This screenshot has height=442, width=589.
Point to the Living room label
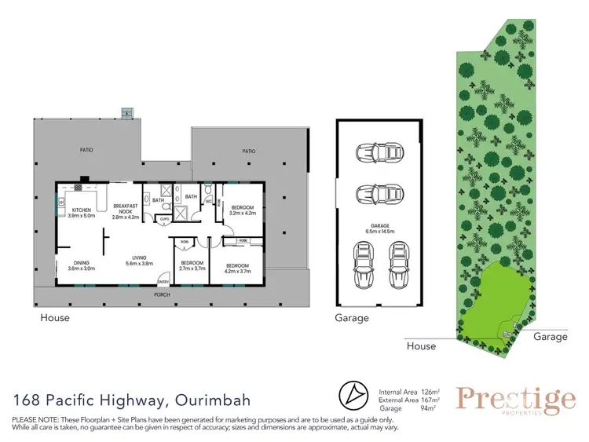pos(146,259)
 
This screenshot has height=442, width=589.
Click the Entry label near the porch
pos(164,282)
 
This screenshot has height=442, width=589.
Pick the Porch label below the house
pos(161,296)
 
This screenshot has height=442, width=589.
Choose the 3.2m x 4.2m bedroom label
pos(243,210)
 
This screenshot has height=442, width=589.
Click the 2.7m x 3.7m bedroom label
pos(192,265)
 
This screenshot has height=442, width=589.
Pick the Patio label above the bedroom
pos(249,151)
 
